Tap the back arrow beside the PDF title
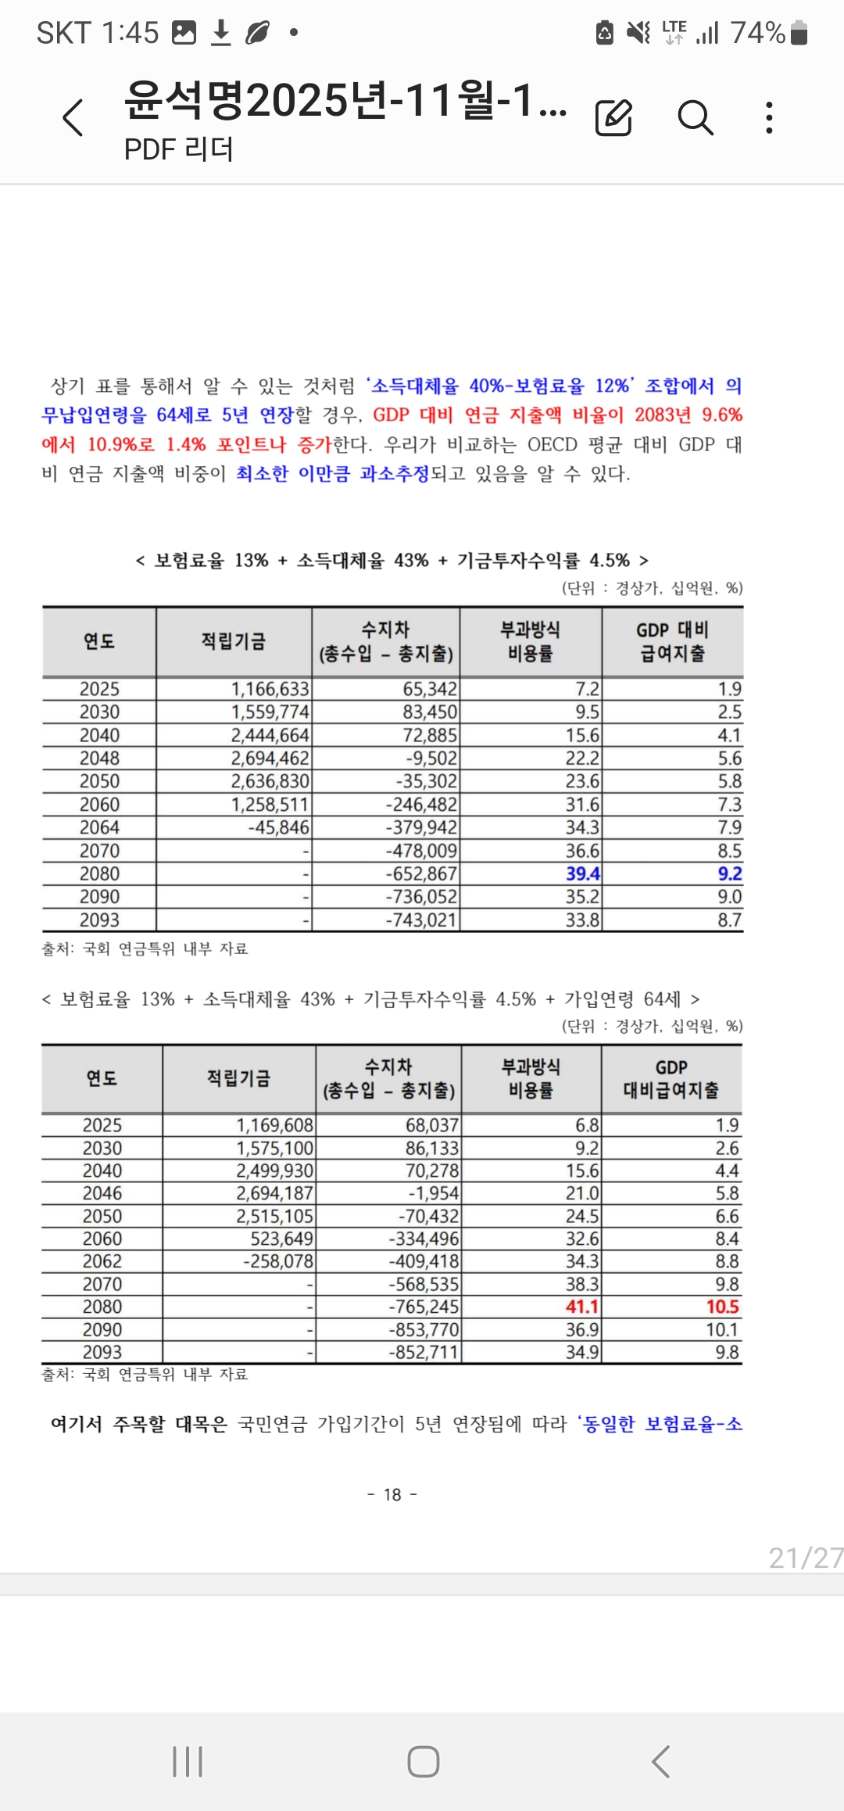73,119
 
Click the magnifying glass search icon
695,119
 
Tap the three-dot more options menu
770,118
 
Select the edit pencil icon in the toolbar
613,119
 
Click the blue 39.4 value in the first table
582,873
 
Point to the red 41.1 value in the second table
582,1307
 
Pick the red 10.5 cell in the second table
722,1307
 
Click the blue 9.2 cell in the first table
729,873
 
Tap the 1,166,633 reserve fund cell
270,689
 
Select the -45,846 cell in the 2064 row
278,827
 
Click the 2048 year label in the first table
99,758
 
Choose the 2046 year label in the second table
102,1193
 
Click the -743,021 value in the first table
420,920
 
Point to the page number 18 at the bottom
392,1494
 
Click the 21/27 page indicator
805,1558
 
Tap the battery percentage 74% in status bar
757,33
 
